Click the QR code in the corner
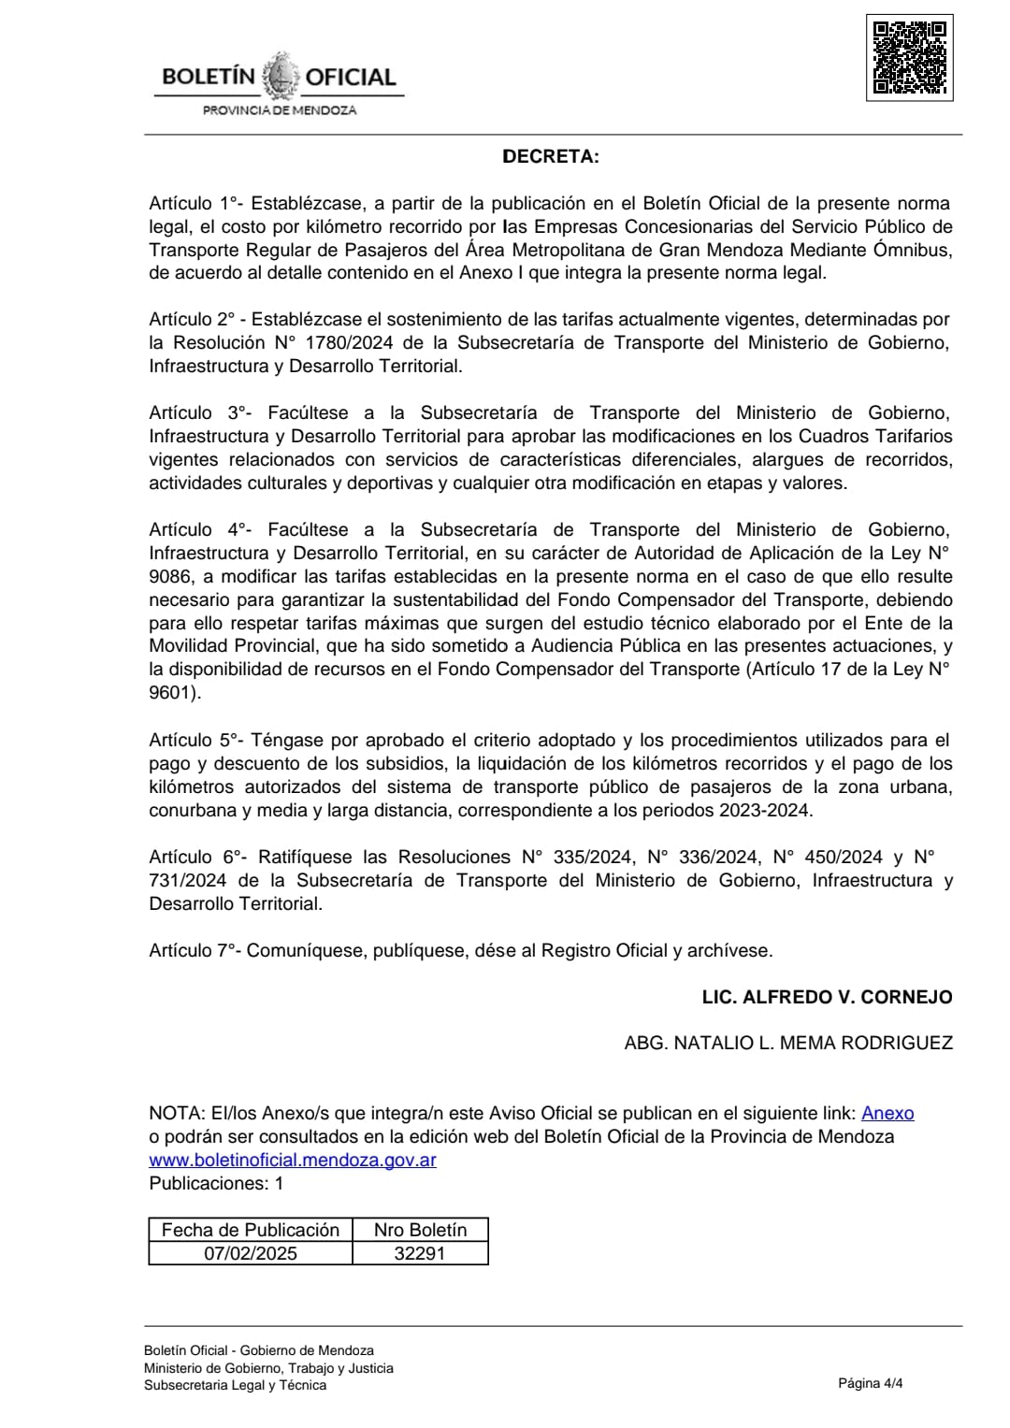click(909, 58)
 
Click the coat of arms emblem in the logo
click(280, 77)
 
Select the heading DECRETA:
click(551, 156)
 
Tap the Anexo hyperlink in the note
click(887, 1113)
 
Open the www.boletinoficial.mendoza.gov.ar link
click(293, 1160)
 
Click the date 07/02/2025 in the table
click(251, 1253)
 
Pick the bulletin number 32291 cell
click(420, 1253)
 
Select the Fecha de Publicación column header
click(251, 1230)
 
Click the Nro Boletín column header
click(420, 1230)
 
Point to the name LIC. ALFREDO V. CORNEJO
click(827, 997)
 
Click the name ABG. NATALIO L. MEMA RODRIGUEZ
click(788, 1043)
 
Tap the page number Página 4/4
click(870, 1383)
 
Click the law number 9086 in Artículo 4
click(167, 577)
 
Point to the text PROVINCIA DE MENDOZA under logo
click(280, 110)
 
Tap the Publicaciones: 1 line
click(216, 1183)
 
